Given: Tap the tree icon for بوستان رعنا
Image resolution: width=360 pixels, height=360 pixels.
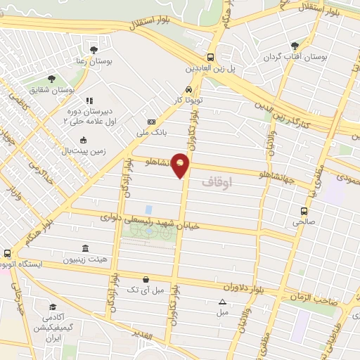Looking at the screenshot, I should [94, 49].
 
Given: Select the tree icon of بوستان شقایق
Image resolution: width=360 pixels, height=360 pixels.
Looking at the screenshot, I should [51, 79].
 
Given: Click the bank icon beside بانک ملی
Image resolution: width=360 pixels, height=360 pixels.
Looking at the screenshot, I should [151, 122].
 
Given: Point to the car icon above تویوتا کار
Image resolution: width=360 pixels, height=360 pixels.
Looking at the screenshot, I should [188, 90].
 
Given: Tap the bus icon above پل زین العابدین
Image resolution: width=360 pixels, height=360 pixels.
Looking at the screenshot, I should [210, 58].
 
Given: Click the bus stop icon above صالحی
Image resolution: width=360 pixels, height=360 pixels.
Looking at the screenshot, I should [304, 210].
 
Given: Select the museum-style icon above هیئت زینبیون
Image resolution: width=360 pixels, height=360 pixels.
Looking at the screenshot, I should [85, 249].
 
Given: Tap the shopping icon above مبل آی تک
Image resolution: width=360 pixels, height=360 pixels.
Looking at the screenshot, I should [145, 278].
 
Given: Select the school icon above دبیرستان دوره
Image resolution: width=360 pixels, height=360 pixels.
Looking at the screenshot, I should [89, 101].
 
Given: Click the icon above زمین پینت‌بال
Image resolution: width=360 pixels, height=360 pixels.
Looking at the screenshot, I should [83, 140].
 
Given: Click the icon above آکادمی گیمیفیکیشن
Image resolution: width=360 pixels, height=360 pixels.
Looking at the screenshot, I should [53, 307].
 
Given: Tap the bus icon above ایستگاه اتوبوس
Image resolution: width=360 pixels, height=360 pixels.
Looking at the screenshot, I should [7, 253].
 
